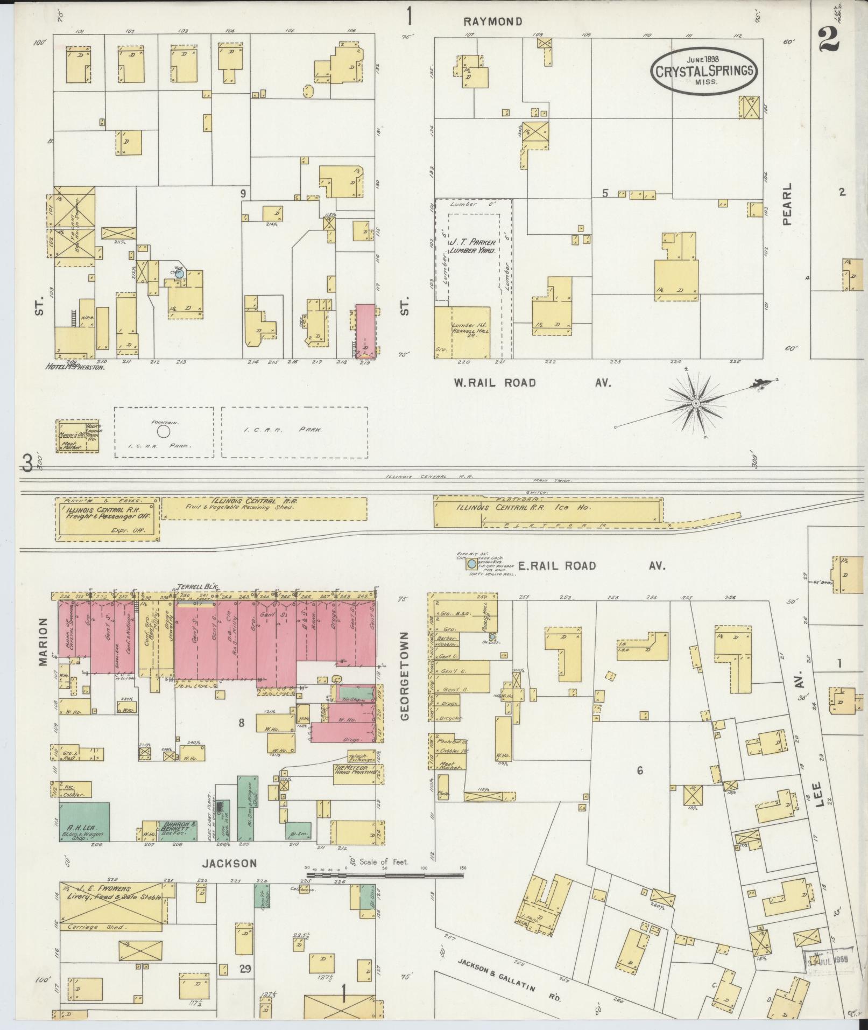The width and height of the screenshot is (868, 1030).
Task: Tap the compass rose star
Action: pos(695,403)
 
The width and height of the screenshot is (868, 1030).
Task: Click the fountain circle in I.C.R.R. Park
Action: pos(164,431)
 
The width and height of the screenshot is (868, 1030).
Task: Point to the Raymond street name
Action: pos(493,22)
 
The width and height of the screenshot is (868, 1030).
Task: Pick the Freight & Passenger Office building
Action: pos(108,518)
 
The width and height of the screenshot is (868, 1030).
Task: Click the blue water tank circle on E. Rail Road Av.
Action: pos(472,564)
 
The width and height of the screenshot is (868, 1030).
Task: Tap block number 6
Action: pos(639,770)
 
